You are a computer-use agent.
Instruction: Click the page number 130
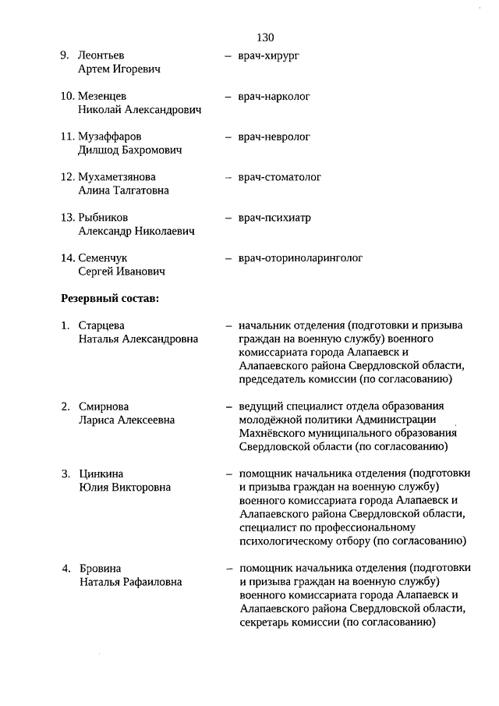(x=264, y=37)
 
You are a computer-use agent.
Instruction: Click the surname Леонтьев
(x=101, y=56)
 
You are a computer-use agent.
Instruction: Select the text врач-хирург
(x=269, y=56)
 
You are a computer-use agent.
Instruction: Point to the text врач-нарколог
(x=274, y=97)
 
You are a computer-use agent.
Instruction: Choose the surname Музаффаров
(x=110, y=137)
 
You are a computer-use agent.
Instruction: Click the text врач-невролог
(x=274, y=137)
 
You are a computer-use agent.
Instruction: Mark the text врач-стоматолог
(x=280, y=177)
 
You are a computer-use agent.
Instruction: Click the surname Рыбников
(x=104, y=218)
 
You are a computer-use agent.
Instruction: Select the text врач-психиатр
(x=274, y=218)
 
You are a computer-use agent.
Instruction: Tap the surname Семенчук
(x=103, y=257)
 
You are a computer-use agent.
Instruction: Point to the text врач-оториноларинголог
(x=300, y=257)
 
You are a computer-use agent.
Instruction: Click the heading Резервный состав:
(x=110, y=298)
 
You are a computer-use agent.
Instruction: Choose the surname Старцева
(x=101, y=325)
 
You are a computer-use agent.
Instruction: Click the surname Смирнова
(x=104, y=406)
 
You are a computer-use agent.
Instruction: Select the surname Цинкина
(x=101, y=474)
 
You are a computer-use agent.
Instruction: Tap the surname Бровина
(x=100, y=568)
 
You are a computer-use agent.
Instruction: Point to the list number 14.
(x=67, y=257)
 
